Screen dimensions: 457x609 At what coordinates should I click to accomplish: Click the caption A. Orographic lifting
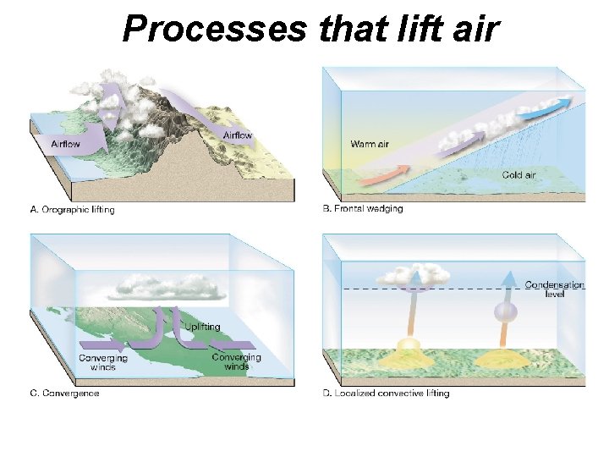(72, 210)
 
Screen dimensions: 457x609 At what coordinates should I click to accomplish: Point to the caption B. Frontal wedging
(364, 209)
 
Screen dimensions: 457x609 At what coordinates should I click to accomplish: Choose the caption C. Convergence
(64, 393)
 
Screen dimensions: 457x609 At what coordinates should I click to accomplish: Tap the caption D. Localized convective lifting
(387, 393)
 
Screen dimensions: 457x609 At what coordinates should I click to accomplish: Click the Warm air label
(370, 144)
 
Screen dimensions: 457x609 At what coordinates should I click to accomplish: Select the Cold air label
(518, 175)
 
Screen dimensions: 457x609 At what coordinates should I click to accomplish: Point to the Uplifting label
(202, 327)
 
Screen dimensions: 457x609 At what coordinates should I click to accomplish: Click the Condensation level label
(555, 289)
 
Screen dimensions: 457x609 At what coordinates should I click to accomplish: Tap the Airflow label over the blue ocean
(64, 144)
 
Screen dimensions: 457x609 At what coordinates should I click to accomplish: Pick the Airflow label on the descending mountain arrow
(238, 135)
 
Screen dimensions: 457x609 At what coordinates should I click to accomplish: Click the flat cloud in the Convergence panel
(173, 287)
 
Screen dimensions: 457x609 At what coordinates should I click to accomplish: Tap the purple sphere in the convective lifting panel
(505, 311)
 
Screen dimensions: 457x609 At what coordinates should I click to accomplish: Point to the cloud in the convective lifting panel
(414, 274)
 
